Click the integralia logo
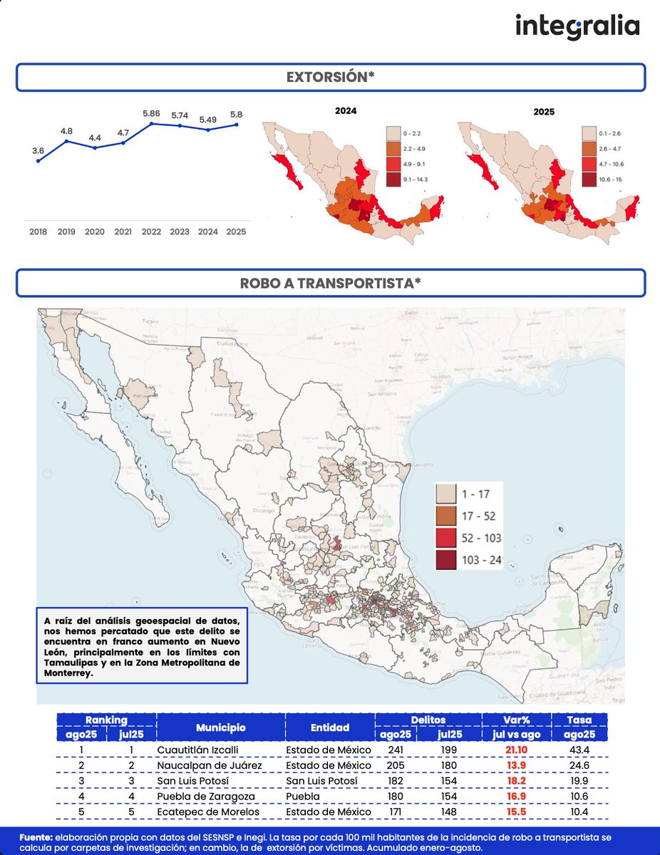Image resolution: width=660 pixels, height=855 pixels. [577, 27]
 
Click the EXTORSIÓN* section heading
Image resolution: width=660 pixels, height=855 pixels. [330, 78]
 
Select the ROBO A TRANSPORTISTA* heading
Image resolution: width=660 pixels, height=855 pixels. [330, 283]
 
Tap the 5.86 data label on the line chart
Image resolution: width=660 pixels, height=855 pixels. [151, 113]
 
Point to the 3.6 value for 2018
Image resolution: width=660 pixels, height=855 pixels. [38, 150]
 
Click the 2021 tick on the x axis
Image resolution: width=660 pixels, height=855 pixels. [123, 232]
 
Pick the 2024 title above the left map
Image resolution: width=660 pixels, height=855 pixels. [346, 111]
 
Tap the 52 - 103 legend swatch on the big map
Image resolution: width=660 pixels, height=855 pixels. [447, 538]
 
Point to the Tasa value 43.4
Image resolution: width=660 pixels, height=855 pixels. [579, 750]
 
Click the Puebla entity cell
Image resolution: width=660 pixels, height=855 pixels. [304, 796]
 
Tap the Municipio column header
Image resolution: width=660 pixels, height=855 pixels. [221, 727]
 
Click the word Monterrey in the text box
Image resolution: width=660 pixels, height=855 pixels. [69, 673]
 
